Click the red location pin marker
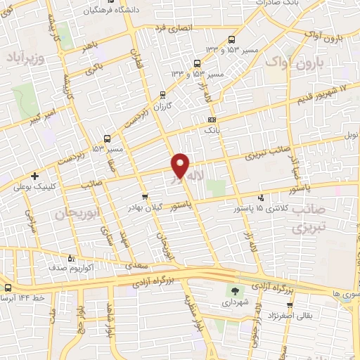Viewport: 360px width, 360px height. pos(181,166)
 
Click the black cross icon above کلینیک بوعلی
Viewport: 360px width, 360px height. pos(34,176)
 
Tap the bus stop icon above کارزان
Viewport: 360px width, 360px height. pos(162,94)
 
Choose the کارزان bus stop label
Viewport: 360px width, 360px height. pos(163,105)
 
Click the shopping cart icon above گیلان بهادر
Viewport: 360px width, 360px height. pos(144,197)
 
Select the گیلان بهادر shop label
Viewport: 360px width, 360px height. pos(145,209)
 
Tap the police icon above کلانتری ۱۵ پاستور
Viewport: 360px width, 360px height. pos(262,198)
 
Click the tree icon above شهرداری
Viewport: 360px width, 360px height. pos(233,290)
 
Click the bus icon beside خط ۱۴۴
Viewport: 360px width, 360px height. pos(8,288)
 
